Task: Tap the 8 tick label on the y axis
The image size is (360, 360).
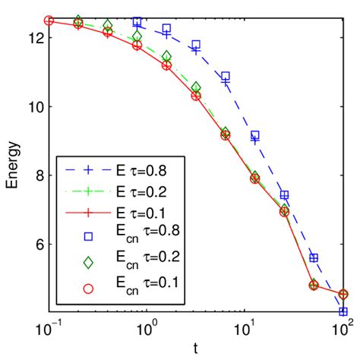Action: (x=38, y=175)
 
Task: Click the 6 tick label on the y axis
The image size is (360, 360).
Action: (x=38, y=245)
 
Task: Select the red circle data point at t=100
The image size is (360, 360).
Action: (x=343, y=295)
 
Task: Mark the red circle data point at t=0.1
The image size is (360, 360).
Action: (x=49, y=21)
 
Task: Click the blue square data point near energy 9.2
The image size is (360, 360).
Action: (x=255, y=135)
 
